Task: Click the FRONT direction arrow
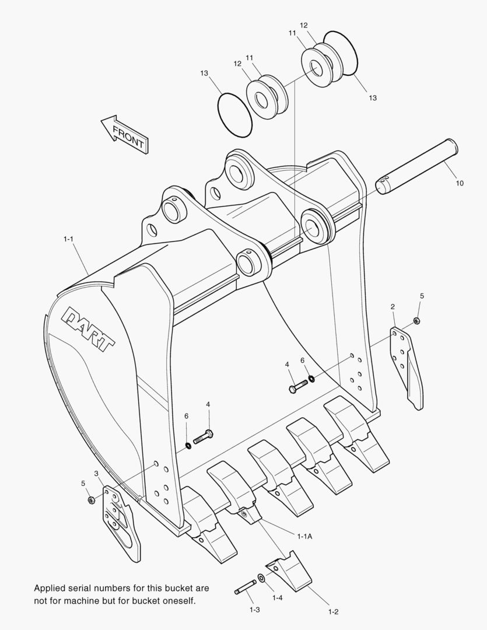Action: click(x=124, y=135)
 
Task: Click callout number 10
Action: click(x=460, y=183)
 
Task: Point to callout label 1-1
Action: click(x=68, y=239)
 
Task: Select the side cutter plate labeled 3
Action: click(x=121, y=520)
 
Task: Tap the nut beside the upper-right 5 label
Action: click(x=416, y=321)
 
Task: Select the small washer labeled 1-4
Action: click(x=261, y=578)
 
